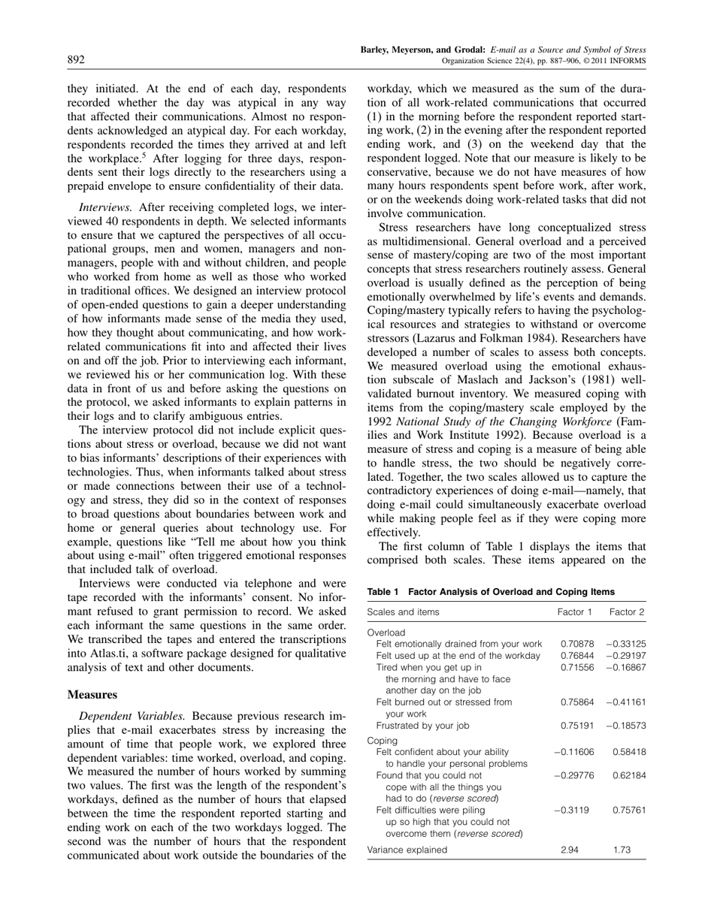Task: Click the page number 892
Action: (76, 60)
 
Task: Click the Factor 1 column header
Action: (575, 611)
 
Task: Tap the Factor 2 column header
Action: (627, 611)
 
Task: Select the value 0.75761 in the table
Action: (629, 810)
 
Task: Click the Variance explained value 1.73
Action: (623, 850)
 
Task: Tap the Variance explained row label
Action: (407, 850)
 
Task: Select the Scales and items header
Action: (403, 611)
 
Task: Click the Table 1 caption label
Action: (383, 591)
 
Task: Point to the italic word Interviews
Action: (106, 186)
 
